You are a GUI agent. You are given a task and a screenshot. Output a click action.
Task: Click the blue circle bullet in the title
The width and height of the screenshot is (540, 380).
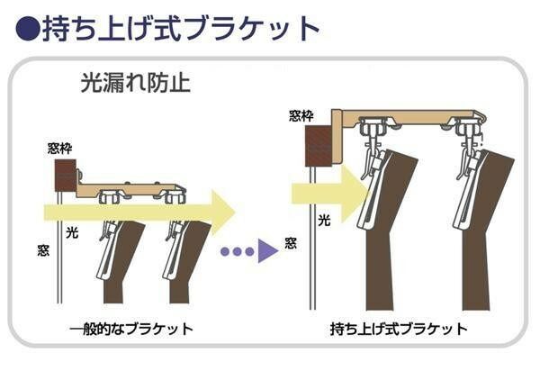click(27, 28)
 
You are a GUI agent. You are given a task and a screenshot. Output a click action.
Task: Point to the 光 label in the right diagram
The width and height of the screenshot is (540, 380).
click(322, 219)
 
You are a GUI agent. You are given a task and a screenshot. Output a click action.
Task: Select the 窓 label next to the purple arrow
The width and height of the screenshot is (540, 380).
click(291, 242)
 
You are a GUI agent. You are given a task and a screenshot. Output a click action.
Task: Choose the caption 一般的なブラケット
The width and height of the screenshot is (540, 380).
click(131, 329)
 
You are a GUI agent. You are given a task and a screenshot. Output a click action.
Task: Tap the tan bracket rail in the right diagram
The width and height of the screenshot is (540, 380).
click(405, 118)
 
